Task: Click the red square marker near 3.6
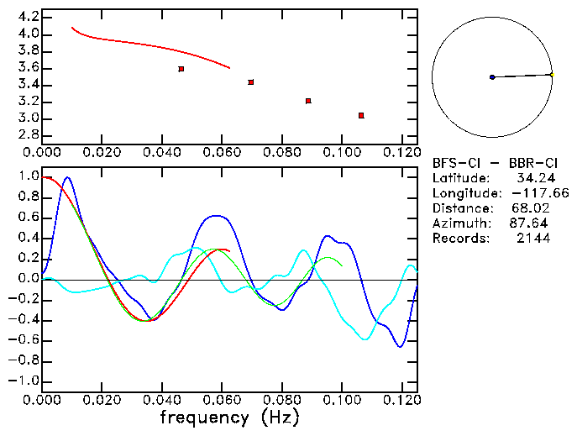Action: tap(181, 69)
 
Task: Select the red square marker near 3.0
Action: tap(361, 115)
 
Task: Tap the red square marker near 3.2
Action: tap(308, 101)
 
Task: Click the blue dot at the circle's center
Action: tap(492, 77)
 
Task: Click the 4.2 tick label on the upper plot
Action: tap(28, 18)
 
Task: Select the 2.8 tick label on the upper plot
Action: tap(28, 135)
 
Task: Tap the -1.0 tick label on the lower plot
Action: tap(24, 381)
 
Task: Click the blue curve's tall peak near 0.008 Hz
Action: tap(67, 177)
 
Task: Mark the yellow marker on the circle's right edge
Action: tap(551, 75)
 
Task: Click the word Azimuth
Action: tap(459, 223)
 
